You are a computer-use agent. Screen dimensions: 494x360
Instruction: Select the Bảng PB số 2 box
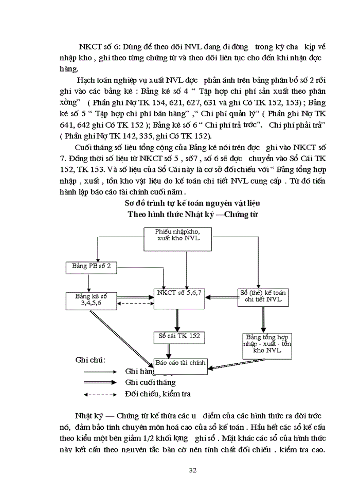92,267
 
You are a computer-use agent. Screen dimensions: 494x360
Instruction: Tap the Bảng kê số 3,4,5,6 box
90,300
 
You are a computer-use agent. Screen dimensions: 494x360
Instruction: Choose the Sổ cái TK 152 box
178,338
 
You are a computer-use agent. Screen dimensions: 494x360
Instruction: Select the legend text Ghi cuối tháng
150,382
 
